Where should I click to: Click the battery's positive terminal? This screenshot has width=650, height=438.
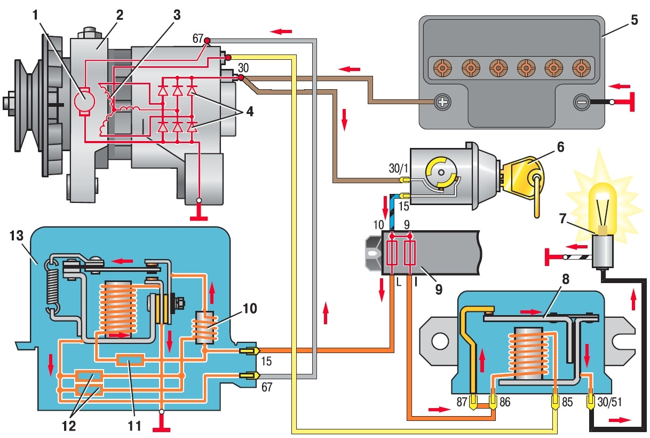442,101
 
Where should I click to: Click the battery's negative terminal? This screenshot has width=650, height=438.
581,101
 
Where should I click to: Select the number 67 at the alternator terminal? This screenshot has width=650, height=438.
199,38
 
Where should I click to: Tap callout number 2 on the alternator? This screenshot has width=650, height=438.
119,15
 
